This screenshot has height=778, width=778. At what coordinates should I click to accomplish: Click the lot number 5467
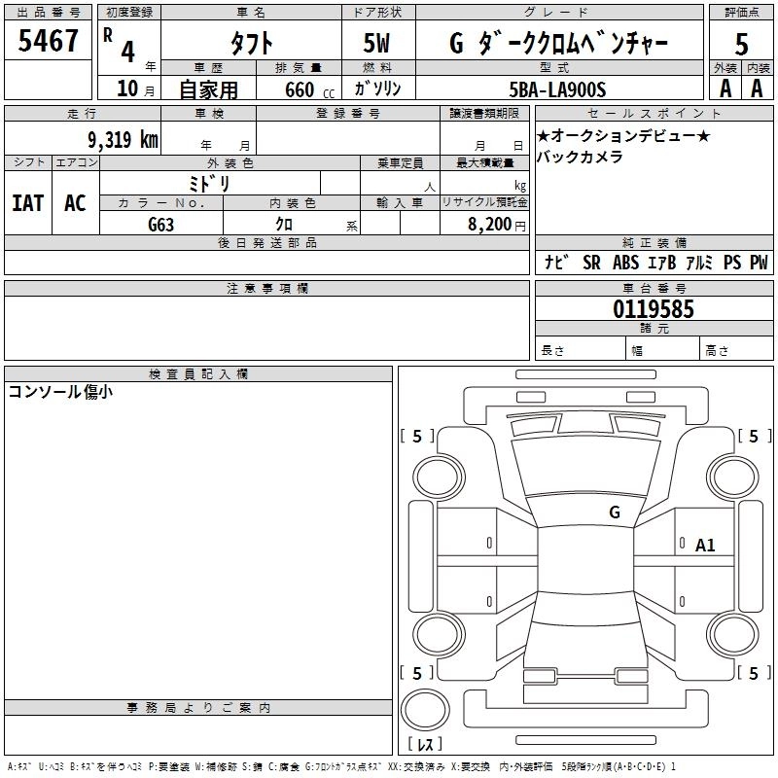49,41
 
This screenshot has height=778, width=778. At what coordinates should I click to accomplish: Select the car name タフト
250,43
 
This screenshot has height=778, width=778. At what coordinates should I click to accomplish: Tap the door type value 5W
378,43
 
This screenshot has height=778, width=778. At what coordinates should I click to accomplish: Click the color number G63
160,224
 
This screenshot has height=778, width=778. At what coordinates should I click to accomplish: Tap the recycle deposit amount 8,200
488,224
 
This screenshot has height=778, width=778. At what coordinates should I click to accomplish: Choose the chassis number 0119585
653,310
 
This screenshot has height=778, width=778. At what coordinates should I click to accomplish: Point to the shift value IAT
27,203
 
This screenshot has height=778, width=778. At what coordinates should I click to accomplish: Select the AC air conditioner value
75,203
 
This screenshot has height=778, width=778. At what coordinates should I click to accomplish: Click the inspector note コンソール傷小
60,392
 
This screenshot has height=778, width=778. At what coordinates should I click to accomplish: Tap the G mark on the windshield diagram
614,512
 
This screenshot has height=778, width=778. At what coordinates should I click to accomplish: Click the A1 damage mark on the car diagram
705,546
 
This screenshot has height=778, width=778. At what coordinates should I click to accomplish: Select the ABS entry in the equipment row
626,263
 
